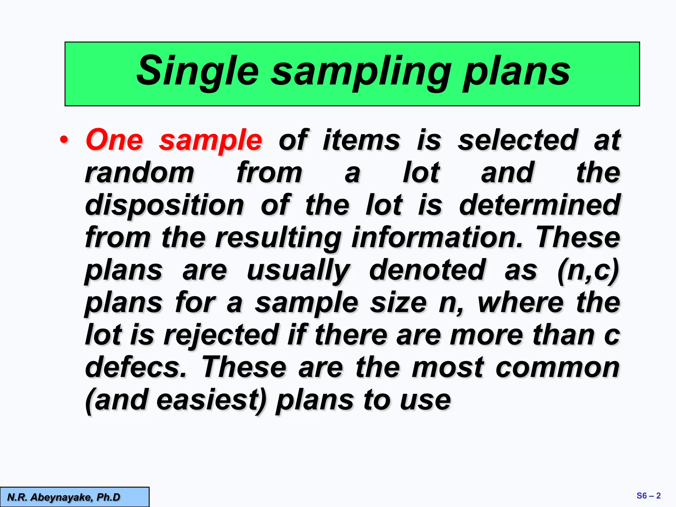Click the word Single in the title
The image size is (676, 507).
[x=197, y=71]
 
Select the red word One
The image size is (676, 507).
[x=114, y=140]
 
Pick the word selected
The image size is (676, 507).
[x=518, y=140]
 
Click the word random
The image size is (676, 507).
[x=140, y=172]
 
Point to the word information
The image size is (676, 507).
[x=437, y=237]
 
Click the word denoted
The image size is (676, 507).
[x=427, y=270]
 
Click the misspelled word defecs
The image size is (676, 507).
[x=136, y=367]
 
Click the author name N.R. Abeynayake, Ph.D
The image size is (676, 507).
[x=64, y=497]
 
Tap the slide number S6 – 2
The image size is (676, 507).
[x=648, y=496]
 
